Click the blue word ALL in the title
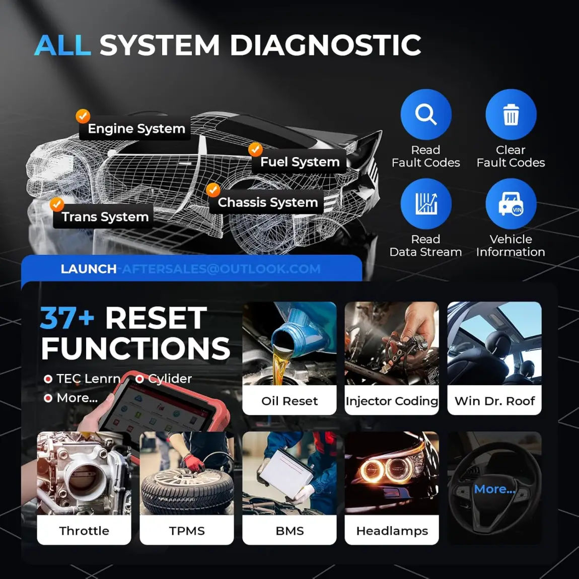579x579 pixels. coord(62,45)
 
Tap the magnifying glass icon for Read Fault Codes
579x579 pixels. coord(425,115)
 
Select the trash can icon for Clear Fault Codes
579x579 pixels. coord(511,115)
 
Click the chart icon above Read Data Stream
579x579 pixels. coord(425,204)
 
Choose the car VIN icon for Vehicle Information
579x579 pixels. coord(511,204)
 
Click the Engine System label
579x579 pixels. coord(136,129)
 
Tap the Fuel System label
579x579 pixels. coord(300,162)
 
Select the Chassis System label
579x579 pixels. coord(267,202)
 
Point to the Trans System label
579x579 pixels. coord(105,217)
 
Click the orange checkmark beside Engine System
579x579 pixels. coord(83,116)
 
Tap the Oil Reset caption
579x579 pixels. coord(289,401)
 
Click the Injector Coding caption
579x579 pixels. coord(392,401)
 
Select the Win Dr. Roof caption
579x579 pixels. coord(494,401)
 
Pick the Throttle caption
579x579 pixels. coord(84,531)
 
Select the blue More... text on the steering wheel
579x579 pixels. coord(494,489)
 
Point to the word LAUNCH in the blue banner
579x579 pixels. coord(88,269)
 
